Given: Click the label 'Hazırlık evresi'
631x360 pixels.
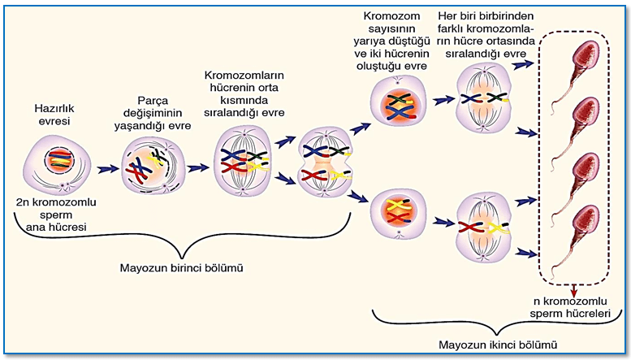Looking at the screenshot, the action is (x=54, y=115).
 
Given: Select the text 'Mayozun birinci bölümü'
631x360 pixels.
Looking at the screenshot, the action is (x=181, y=268).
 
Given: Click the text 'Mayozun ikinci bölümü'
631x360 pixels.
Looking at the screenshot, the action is (x=498, y=345).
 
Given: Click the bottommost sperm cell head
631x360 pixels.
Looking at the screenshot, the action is (x=586, y=223).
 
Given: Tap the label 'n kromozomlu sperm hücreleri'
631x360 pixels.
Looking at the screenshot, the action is (x=570, y=307).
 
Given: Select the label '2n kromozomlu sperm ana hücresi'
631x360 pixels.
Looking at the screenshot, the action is (x=56, y=215).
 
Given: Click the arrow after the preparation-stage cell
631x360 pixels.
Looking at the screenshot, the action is (x=108, y=169).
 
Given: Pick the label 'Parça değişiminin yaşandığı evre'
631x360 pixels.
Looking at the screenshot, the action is (x=153, y=113).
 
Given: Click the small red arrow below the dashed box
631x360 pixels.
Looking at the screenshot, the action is (x=574, y=289).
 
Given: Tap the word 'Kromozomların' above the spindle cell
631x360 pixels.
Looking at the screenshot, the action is (x=244, y=76).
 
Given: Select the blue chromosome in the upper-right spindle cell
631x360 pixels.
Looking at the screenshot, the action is (x=472, y=98).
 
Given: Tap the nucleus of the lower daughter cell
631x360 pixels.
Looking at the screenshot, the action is (x=399, y=213).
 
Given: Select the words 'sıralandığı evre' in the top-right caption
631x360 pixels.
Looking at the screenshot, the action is (x=486, y=54).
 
